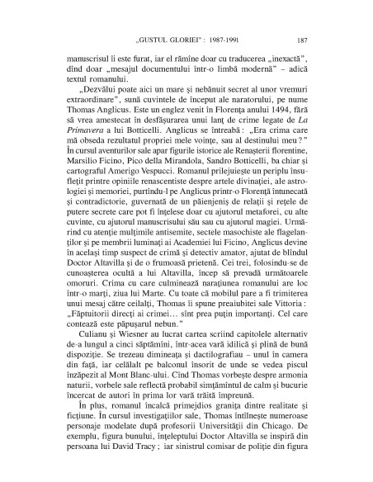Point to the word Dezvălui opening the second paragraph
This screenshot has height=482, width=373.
coord(90,82)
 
